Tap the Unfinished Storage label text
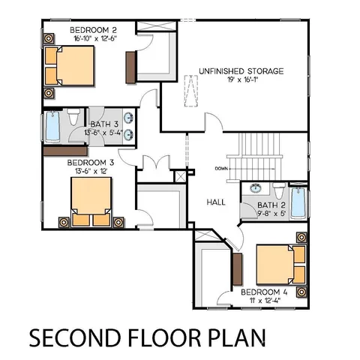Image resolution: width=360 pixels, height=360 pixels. pos(241,71)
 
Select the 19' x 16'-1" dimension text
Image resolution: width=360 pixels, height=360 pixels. pos(241,81)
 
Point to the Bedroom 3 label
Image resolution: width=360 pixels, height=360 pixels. pos(90,161)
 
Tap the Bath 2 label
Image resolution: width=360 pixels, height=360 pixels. pos(268,204)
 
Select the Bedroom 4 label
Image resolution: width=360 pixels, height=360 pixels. pos(265,292)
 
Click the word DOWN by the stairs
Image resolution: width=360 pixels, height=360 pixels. pos(220,168)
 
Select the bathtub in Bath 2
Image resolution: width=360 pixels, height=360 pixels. pos(298,202)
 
